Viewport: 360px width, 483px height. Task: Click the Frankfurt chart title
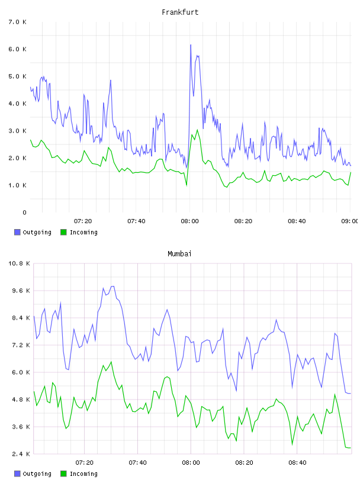(x=180, y=12)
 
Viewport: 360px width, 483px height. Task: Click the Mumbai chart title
(x=179, y=254)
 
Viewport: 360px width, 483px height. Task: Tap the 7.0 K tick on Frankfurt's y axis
(x=17, y=22)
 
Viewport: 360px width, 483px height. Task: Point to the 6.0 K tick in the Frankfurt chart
(x=17, y=49)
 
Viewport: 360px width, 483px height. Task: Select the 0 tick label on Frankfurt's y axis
(x=24, y=212)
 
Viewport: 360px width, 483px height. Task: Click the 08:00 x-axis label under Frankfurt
(x=190, y=221)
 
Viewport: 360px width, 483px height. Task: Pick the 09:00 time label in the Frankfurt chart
(x=350, y=221)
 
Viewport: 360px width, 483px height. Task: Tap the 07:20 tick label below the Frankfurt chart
(x=83, y=221)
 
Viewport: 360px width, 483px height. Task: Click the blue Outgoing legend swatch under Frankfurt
(x=17, y=232)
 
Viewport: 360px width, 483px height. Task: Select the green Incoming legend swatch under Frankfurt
(x=63, y=232)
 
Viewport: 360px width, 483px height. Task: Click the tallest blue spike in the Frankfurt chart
(x=191, y=45)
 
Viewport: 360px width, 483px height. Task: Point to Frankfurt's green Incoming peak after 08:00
(x=197, y=130)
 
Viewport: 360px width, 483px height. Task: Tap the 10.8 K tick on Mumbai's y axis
(x=19, y=263)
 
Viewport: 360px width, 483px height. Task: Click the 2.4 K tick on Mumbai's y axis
(x=21, y=454)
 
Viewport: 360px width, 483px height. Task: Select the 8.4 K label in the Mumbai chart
(x=21, y=318)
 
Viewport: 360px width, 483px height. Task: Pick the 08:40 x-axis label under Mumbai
(x=297, y=463)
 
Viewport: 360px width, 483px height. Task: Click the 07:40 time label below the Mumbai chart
(x=137, y=463)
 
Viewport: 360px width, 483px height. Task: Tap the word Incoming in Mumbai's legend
(x=83, y=474)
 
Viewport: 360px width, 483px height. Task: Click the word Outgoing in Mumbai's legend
(x=37, y=474)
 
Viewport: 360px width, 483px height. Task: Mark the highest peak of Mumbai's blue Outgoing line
(x=113, y=286)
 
